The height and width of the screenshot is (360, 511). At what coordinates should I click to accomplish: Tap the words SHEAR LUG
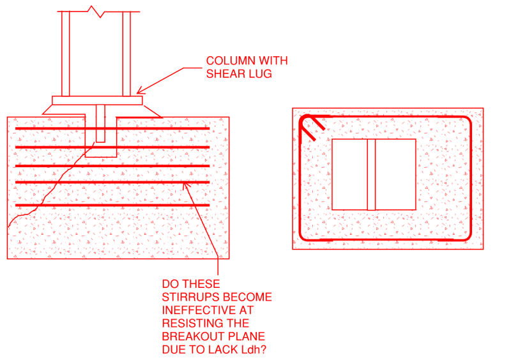(238, 73)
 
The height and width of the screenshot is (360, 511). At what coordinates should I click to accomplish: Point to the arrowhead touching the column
(140, 91)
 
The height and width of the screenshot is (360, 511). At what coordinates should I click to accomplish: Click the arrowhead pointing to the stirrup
(186, 186)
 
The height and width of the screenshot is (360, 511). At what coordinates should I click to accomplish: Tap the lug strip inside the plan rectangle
(371, 174)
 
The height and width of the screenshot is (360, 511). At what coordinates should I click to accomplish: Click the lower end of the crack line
(10, 226)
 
